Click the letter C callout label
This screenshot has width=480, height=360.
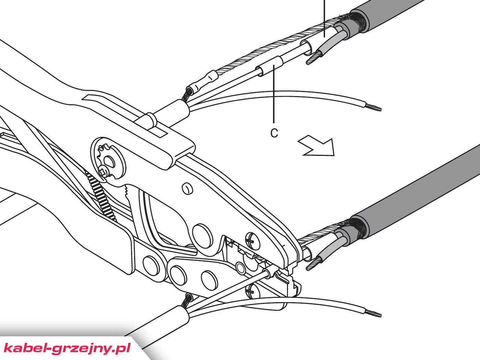point(274,133)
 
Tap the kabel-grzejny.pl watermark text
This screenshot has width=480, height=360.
point(67,348)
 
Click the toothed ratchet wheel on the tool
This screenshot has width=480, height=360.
point(108,161)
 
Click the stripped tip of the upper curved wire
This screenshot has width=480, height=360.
point(373,108)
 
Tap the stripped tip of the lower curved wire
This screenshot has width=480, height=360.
point(373,313)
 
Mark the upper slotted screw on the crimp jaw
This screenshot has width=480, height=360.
point(253,241)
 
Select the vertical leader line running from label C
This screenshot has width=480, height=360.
point(274,94)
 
